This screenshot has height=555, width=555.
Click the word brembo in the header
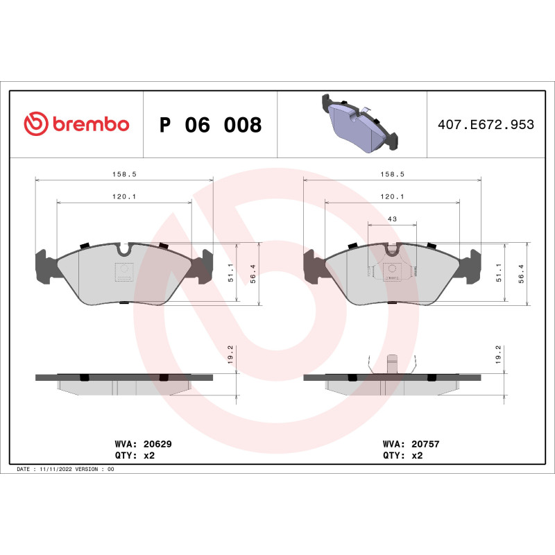coord(90,125)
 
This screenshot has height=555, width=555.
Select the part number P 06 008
coord(210,126)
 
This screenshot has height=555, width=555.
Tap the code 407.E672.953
coord(486,125)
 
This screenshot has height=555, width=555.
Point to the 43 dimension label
coord(392,219)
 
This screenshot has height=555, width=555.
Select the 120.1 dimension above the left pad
coord(123,196)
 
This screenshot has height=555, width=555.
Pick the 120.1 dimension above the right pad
coord(392,196)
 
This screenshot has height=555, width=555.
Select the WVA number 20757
coord(425,443)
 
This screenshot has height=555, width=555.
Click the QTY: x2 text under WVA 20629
coord(133,456)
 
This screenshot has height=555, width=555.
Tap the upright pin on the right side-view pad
coord(391,364)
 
